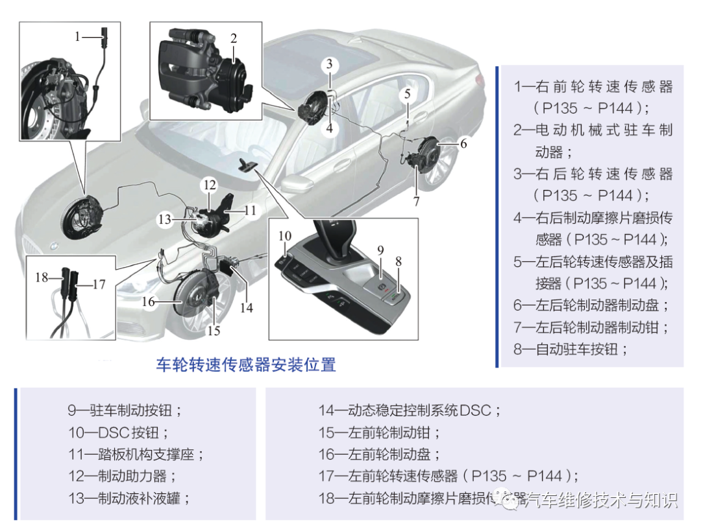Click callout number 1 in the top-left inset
click(x=77, y=36)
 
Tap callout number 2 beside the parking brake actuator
click(x=234, y=38)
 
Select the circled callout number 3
click(x=330, y=64)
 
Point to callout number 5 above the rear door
click(x=407, y=94)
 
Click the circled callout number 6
click(x=463, y=144)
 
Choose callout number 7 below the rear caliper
click(x=416, y=201)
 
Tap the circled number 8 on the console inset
click(x=399, y=262)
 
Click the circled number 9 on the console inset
click(x=381, y=250)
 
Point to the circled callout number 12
click(x=209, y=185)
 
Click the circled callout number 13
click(x=166, y=220)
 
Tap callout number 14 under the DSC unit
click(x=246, y=308)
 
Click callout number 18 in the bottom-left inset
click(x=42, y=277)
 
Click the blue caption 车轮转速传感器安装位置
click(x=246, y=364)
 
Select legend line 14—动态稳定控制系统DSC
click(x=409, y=410)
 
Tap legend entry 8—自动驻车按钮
click(x=571, y=349)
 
